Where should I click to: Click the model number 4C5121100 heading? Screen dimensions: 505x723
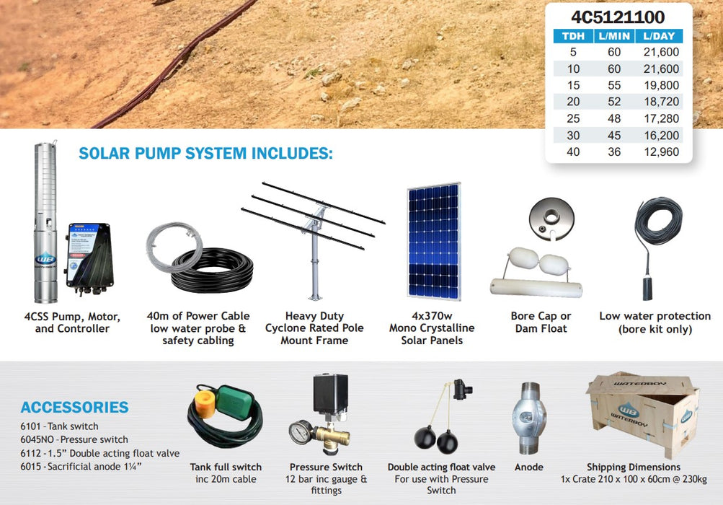(618, 17)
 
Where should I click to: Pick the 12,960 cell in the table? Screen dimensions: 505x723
(660, 152)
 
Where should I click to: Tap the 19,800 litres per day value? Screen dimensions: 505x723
(660, 85)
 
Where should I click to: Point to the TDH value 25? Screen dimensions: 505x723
(573, 118)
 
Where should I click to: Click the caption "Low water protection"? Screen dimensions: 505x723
(655, 316)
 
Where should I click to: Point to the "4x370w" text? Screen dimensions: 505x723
(432, 316)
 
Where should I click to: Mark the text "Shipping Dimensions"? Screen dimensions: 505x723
(634, 467)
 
